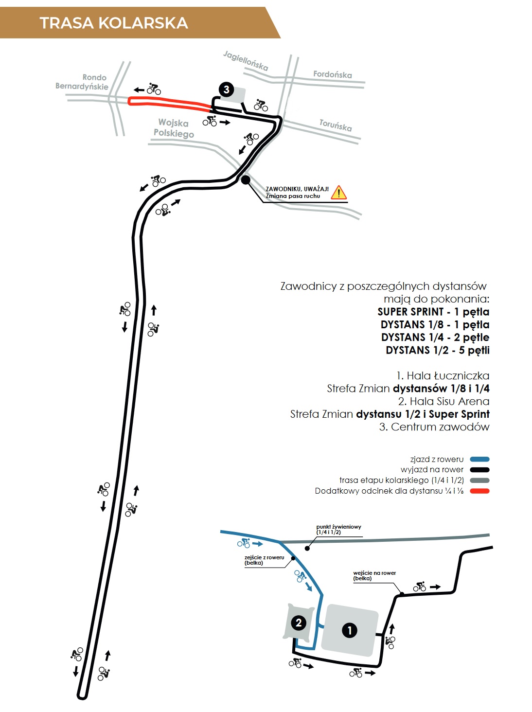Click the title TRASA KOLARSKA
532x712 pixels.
(x=114, y=23)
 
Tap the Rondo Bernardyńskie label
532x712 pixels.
(x=82, y=82)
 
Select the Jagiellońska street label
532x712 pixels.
(x=246, y=61)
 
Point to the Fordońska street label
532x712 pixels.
(x=332, y=74)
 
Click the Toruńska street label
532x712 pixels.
(x=336, y=125)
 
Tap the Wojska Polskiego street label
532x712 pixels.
(x=174, y=128)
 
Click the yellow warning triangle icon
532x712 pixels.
(x=339, y=193)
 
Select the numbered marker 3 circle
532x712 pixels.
(x=226, y=89)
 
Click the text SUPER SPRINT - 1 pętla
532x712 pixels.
(x=433, y=312)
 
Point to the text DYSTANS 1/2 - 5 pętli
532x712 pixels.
(x=438, y=350)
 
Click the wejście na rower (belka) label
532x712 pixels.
(x=374, y=575)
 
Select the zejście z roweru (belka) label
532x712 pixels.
(x=264, y=560)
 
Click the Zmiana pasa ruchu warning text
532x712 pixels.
(x=293, y=196)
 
